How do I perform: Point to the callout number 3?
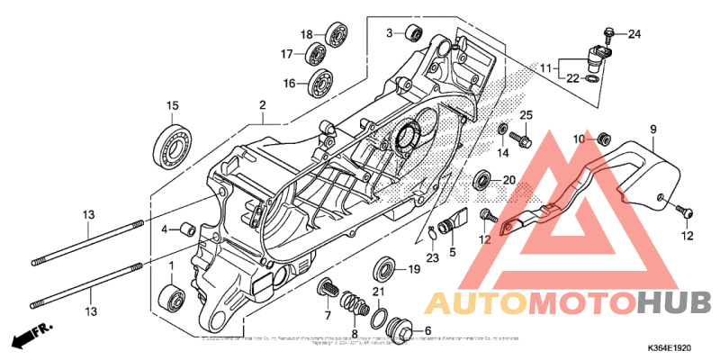391,33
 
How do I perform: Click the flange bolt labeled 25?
520,139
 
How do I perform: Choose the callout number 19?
414,269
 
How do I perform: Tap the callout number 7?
328,316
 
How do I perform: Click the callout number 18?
306,34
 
